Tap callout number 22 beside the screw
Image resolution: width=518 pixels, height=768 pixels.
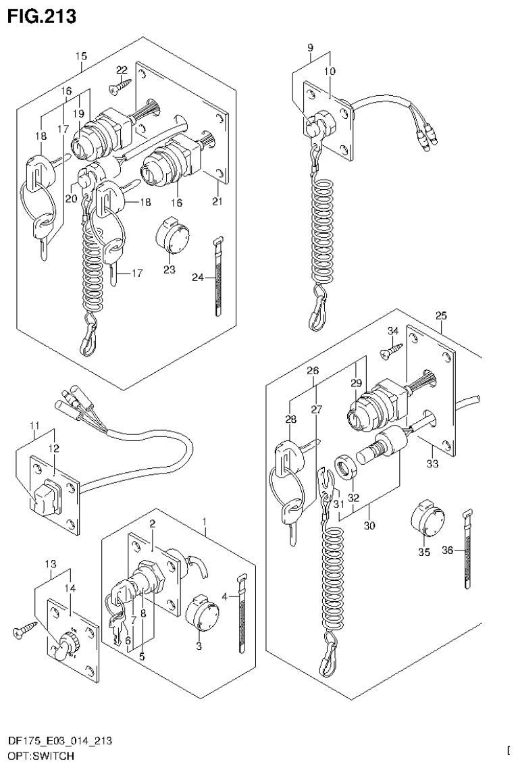121,70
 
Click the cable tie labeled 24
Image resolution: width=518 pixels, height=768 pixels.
217,276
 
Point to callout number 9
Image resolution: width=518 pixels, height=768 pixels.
310,47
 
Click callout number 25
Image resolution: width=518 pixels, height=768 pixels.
442,315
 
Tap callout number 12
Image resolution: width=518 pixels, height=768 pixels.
53,448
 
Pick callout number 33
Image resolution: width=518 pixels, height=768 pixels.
432,463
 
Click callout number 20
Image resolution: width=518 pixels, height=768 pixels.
71,199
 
